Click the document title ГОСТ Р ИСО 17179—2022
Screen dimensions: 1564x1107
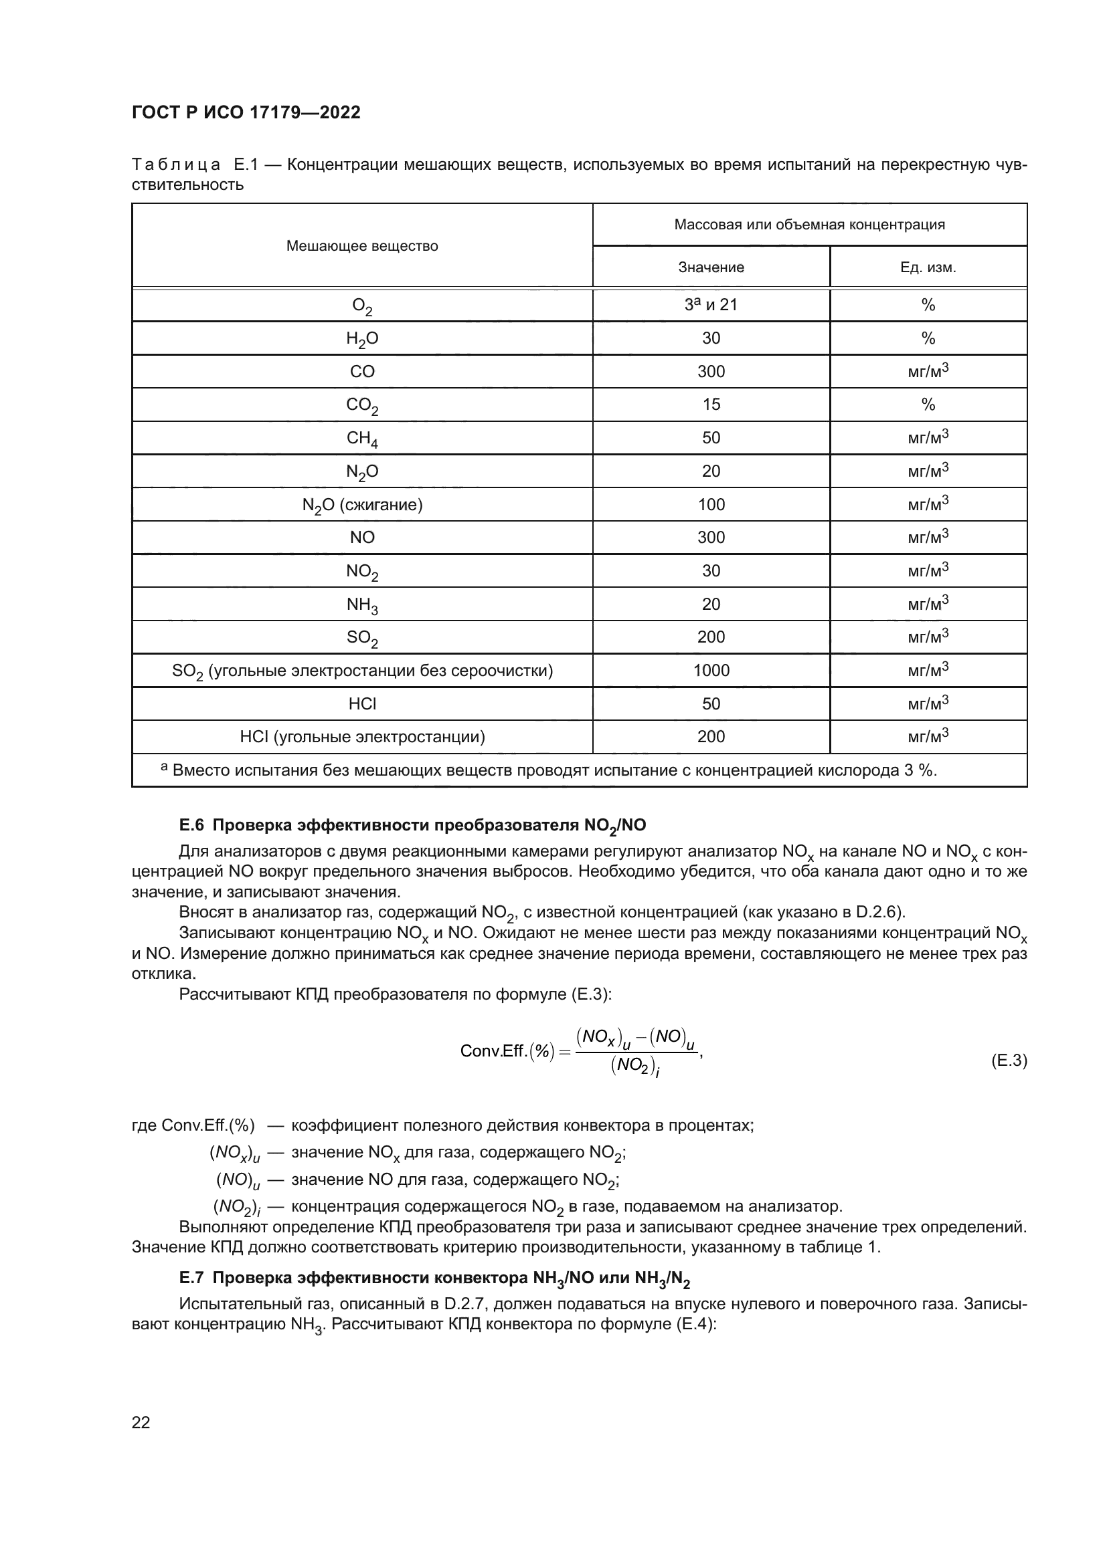246,112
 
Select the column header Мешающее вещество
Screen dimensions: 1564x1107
362,246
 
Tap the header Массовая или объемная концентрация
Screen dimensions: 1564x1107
809,225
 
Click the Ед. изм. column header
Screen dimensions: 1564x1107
928,267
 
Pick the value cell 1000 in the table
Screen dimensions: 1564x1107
711,670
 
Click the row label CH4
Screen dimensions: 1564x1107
362,439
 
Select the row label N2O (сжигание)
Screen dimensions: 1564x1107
362,506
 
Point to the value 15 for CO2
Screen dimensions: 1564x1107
711,405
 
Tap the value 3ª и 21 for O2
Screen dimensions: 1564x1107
711,304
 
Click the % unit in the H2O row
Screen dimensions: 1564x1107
928,338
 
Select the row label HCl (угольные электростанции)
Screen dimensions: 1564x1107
362,737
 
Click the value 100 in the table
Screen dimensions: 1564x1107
711,505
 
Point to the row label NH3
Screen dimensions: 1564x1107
362,605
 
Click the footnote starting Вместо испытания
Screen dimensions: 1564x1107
549,770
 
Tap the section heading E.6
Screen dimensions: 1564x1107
412,826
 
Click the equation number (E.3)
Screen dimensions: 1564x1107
1008,1060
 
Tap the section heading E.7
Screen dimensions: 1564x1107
434,1278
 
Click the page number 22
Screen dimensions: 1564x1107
141,1422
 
